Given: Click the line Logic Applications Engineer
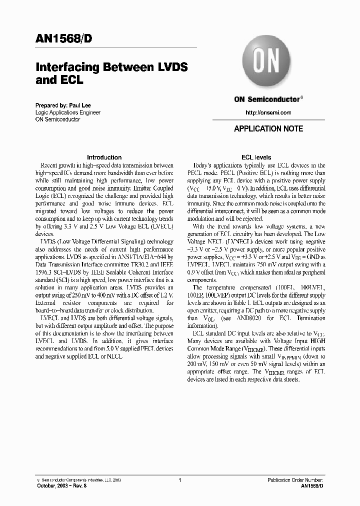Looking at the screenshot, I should tap(67, 112).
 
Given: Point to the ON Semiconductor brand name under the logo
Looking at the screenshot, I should tap(266, 99).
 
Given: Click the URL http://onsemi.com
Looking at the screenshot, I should tap(268, 112).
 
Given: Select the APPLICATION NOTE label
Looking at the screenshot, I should tap(268, 128).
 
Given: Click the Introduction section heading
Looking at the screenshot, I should tap(104, 157).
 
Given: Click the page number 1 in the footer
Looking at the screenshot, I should tap(179, 480).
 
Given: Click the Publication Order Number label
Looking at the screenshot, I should tap(295, 480).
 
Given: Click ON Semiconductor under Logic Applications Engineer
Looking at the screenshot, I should tap(57, 119).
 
